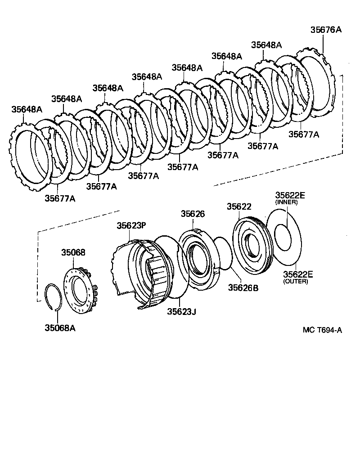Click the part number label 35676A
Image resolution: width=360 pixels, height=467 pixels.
(x=326, y=30)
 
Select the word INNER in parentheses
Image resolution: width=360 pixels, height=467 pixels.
(x=287, y=202)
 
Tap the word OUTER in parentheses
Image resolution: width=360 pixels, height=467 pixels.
(x=295, y=282)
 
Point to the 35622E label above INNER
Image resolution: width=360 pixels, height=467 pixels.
(x=290, y=195)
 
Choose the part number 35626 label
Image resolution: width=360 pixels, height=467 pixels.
(x=193, y=214)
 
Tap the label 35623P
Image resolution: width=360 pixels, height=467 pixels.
(x=131, y=226)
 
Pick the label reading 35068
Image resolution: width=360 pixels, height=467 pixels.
(x=73, y=253)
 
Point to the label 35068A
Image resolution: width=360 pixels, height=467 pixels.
(x=59, y=328)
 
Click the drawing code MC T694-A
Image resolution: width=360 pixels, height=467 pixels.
(x=322, y=330)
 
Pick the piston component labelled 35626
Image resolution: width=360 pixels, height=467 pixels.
(x=198, y=261)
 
